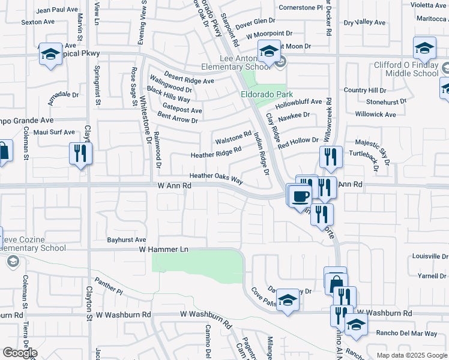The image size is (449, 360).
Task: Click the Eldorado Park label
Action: (x=267, y=94)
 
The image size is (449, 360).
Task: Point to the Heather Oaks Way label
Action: (x=216, y=177)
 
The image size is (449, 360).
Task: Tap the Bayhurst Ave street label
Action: (x=127, y=239)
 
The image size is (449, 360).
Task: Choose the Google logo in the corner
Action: (x=20, y=352)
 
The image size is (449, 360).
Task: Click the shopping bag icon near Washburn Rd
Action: (x=336, y=282)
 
